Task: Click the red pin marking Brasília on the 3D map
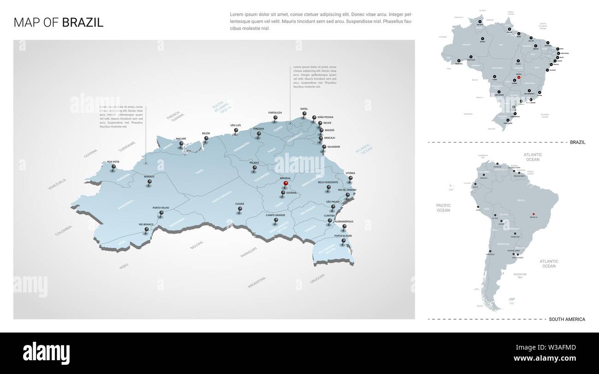[x=286, y=184]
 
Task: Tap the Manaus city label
[x=149, y=176]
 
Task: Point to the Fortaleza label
[x=275, y=113]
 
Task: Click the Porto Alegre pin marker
[x=343, y=241]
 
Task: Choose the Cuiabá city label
[x=240, y=204]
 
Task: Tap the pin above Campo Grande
[x=276, y=221]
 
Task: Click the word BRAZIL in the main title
[x=82, y=22]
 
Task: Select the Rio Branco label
[x=146, y=224]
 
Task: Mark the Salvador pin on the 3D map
[x=324, y=148]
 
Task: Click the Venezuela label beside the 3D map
[x=57, y=184]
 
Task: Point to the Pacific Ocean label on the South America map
[x=443, y=207]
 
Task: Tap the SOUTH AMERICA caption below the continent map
[x=567, y=319]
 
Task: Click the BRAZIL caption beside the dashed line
[x=577, y=142]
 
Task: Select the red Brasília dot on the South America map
[x=534, y=214]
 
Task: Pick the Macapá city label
[x=181, y=138]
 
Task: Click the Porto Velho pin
[x=161, y=213]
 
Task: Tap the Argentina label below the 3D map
[x=257, y=282]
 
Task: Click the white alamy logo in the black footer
[x=47, y=353]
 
